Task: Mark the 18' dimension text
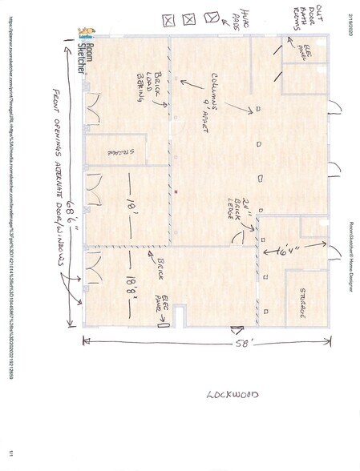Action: (128, 206)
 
